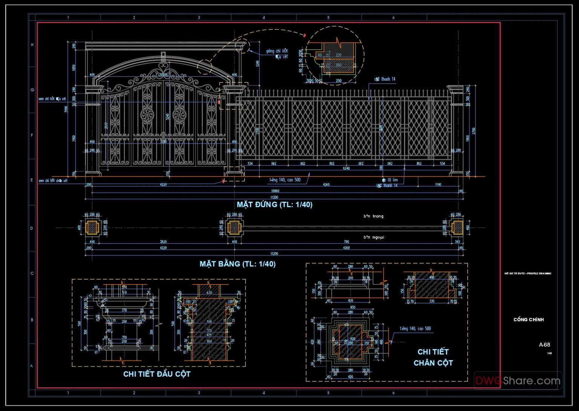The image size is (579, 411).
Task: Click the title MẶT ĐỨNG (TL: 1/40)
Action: coord(274,204)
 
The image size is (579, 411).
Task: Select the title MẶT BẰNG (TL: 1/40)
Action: coord(237,264)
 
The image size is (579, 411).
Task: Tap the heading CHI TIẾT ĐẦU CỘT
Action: coord(157,374)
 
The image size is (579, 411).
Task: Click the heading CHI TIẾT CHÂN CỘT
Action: coord(433,357)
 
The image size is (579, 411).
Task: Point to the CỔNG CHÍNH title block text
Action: coord(528,319)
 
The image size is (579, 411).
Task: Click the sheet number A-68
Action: coord(544,344)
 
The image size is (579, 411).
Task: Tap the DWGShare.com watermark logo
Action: coord(518,380)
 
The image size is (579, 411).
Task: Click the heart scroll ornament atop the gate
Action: coord(163,68)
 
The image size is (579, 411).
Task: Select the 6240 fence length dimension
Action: coord(346,168)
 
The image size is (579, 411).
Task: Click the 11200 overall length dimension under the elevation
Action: coord(274,197)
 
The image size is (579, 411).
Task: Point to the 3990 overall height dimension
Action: coord(67,109)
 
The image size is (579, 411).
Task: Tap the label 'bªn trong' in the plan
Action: coord(373,216)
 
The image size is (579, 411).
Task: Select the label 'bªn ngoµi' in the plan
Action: coord(374,237)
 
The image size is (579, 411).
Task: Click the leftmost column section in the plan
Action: coord(92,227)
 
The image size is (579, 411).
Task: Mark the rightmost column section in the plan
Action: coord(457,227)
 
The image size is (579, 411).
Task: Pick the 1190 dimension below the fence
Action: coord(438,185)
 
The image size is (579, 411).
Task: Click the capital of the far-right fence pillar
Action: coord(455,89)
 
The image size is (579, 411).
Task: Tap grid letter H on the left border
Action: coord(32,45)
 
